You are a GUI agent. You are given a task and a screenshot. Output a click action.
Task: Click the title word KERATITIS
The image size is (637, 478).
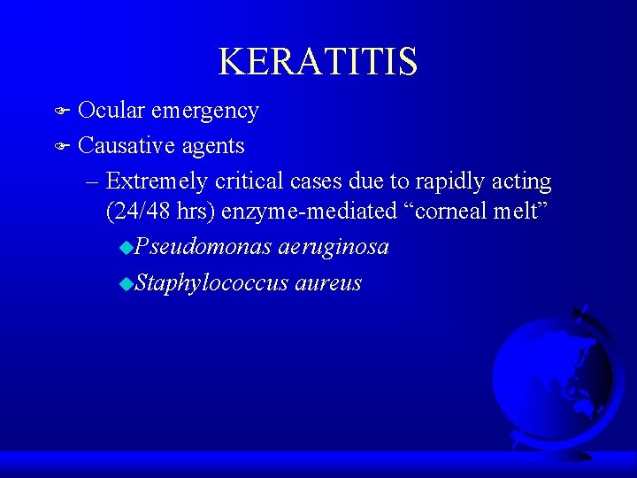point(318,62)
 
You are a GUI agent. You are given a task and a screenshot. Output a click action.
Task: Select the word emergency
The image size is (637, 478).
point(204,112)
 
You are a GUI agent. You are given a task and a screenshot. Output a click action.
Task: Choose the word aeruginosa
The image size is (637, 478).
point(334,248)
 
